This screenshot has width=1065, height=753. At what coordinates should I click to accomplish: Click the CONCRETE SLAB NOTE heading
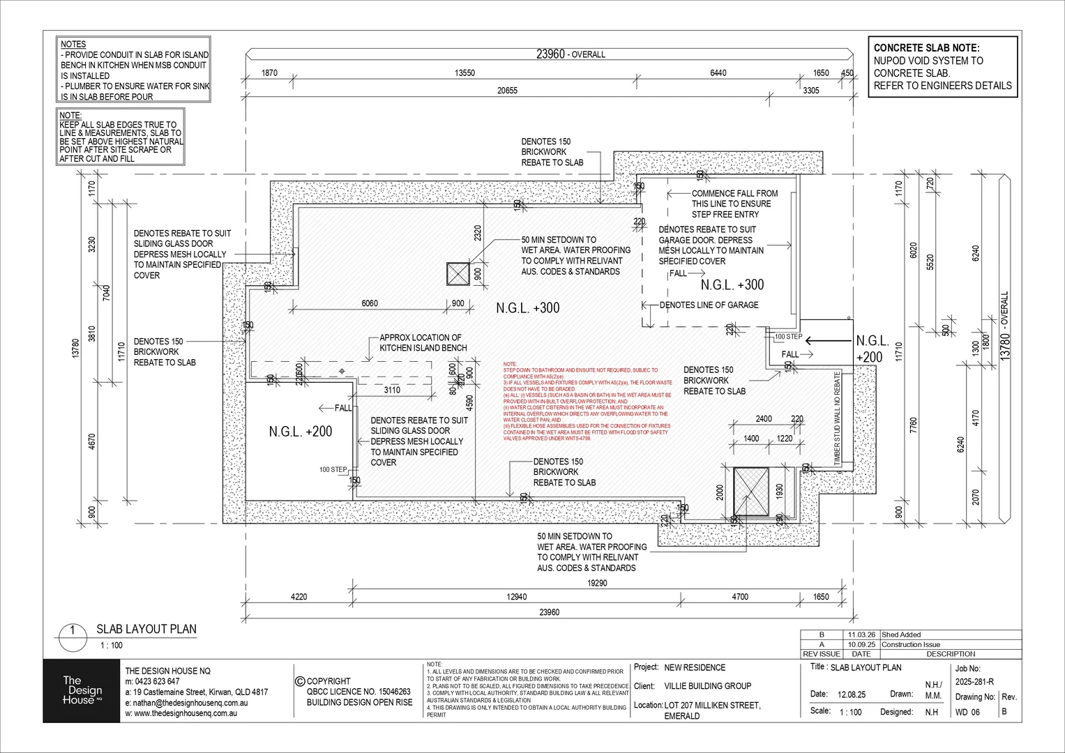[926, 48]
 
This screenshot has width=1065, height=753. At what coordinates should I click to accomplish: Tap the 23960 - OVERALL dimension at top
[570, 54]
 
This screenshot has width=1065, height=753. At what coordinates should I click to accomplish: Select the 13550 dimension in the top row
[464, 73]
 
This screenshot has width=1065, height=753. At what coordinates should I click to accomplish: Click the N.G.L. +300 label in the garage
[732, 284]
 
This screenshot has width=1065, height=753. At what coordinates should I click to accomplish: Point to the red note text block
[587, 401]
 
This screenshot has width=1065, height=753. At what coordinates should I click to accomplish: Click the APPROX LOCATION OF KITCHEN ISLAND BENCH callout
[423, 342]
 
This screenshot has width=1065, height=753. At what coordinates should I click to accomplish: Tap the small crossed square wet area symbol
[458, 274]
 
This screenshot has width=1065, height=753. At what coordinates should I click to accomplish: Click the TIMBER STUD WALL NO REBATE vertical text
[838, 418]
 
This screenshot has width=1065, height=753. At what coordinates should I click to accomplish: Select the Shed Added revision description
[901, 634]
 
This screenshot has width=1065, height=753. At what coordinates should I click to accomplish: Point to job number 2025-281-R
[974, 682]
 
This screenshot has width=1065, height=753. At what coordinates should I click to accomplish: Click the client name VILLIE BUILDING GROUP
[708, 686]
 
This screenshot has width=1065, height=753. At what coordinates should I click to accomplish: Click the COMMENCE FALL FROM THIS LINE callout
[734, 204]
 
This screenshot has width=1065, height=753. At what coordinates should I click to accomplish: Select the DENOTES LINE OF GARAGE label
[709, 305]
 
